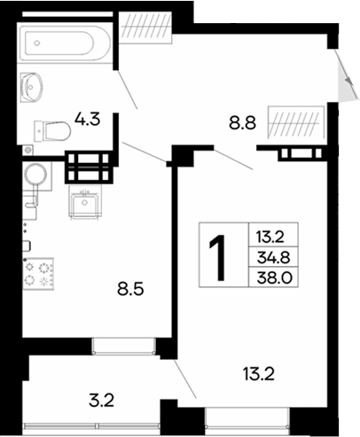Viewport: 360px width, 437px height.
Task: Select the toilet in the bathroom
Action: coord(56,131)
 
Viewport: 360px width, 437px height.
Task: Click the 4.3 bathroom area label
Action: coord(88,117)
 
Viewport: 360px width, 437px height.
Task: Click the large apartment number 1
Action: coord(216,256)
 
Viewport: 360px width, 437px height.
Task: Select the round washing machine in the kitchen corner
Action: coord(37,176)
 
